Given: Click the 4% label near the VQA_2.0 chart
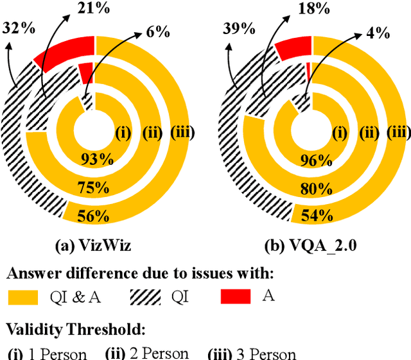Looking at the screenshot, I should tap(376, 33).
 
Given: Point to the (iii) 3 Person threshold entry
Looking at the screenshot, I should tap(252, 354).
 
